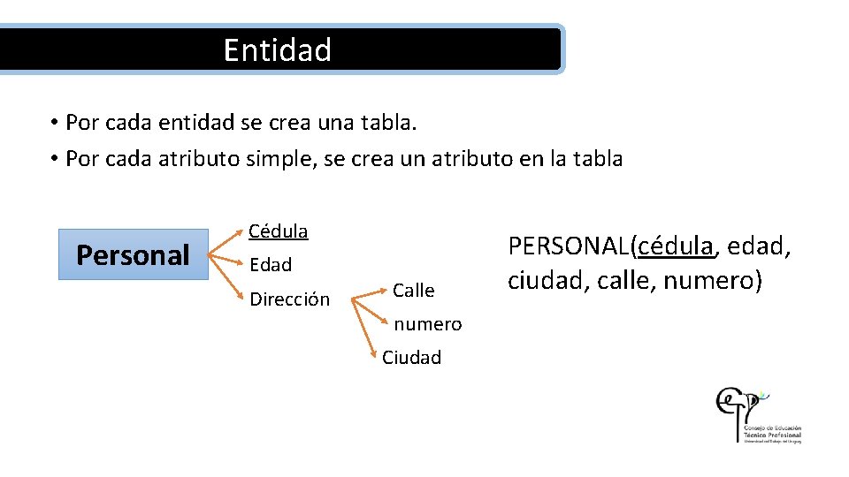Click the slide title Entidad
(x=277, y=49)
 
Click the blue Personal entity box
(x=133, y=254)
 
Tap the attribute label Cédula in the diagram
(x=279, y=231)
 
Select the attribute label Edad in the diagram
(x=271, y=264)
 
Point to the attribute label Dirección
(x=289, y=299)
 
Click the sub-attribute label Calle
(x=414, y=291)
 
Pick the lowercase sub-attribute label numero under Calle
(x=428, y=324)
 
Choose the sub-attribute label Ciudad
(x=411, y=358)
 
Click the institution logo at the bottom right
(x=758, y=414)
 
